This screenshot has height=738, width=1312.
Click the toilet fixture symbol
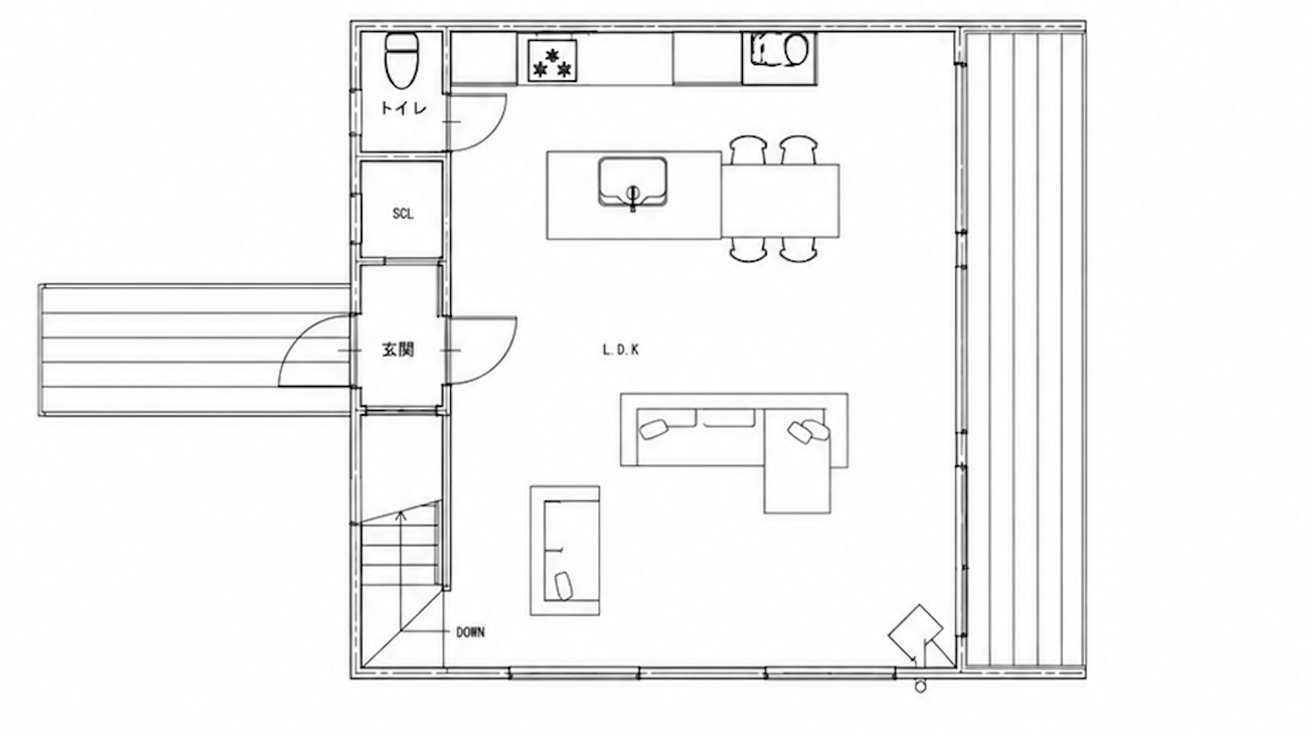point(402,61)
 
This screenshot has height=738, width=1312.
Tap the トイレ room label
point(403,108)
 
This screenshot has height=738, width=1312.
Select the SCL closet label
point(403,214)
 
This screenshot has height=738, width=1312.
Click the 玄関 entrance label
point(399,350)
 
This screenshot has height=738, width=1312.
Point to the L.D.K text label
point(621,350)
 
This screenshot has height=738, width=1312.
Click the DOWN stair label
point(471,632)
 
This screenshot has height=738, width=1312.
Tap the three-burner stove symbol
point(553,60)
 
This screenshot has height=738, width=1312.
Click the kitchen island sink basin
point(632,181)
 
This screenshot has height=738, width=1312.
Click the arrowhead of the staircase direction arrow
point(401,515)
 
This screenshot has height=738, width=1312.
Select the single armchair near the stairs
point(565,550)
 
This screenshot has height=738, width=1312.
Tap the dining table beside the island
point(780,201)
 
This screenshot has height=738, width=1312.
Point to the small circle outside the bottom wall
point(920,687)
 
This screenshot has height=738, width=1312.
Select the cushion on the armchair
point(563,585)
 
